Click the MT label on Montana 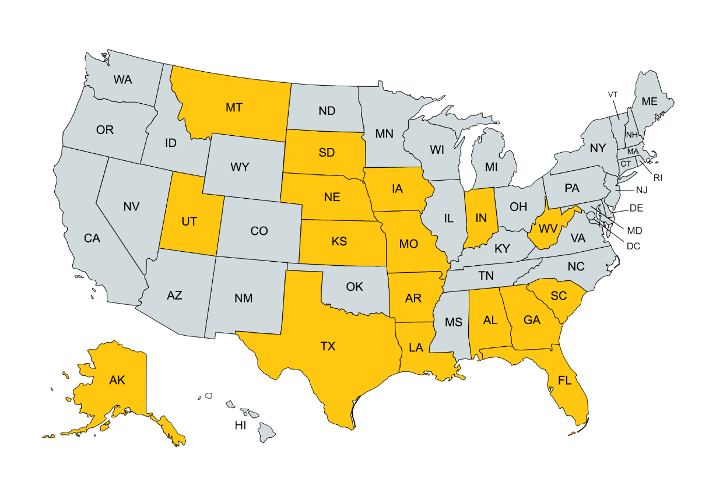coord(234,107)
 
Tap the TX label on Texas coord(328,346)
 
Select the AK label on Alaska coord(117,380)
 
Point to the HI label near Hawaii coord(240,426)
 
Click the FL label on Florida coord(564,381)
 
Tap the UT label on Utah coord(189,221)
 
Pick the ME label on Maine coord(650,101)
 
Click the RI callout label coord(658,177)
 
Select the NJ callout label coord(641,189)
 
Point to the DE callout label coord(636,208)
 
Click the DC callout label coord(633,246)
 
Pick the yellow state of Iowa coord(398,189)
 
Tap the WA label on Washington coord(122,80)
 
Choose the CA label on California coord(92,238)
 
